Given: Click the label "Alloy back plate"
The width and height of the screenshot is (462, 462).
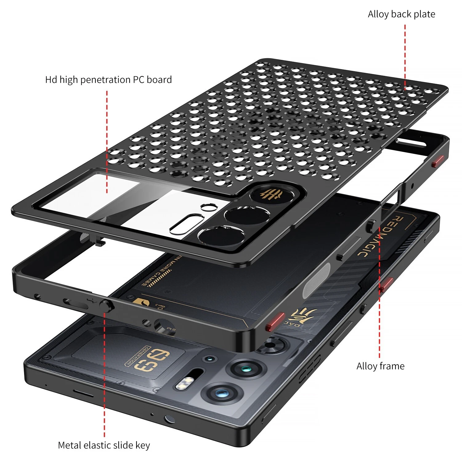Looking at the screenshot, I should pos(401,14).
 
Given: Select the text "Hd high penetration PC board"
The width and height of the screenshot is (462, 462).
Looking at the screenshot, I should pos(108,80).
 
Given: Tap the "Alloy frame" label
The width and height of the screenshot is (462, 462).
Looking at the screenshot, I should pos(380,366).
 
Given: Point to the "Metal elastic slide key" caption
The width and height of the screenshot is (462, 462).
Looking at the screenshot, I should pos(104,445).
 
